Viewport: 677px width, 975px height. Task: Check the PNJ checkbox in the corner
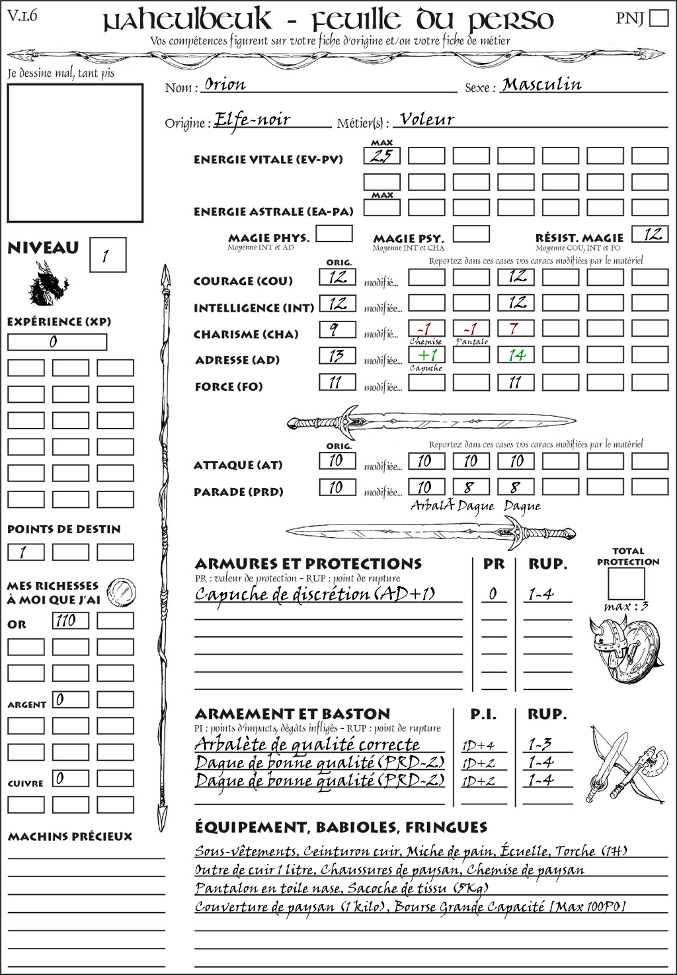(x=658, y=18)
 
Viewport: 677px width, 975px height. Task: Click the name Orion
(x=225, y=85)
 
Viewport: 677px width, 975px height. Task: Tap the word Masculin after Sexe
(x=541, y=85)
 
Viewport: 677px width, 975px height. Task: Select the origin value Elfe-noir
(x=253, y=120)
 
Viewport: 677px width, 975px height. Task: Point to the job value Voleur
(x=427, y=120)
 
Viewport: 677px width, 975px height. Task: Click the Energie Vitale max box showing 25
(x=381, y=156)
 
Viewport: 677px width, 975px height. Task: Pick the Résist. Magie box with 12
(x=650, y=234)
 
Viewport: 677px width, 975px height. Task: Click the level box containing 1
(x=107, y=255)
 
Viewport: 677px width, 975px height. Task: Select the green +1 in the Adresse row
(x=426, y=355)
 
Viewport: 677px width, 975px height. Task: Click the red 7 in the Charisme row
(x=515, y=329)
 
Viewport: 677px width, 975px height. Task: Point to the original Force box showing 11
(x=337, y=382)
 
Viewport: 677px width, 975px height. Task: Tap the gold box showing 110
(x=70, y=620)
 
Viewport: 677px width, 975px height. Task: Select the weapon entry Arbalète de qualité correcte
(x=307, y=744)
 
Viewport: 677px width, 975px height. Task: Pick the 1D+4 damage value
(x=479, y=745)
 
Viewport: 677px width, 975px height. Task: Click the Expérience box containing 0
(x=57, y=342)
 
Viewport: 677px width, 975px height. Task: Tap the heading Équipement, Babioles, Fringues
(x=340, y=827)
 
